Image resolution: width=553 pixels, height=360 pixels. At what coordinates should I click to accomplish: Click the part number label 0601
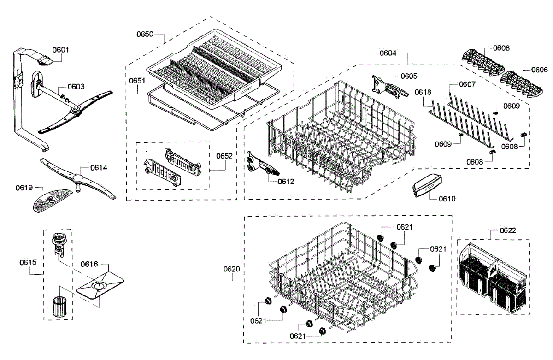60,49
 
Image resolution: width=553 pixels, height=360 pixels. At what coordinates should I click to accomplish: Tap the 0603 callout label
76,86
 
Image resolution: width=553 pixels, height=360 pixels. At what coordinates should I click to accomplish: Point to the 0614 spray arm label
99,168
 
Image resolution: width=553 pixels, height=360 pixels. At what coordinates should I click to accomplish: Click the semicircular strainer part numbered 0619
51,201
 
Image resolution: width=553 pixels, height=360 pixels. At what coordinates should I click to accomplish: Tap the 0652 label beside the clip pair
224,156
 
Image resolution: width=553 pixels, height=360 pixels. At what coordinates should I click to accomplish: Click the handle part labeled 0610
427,187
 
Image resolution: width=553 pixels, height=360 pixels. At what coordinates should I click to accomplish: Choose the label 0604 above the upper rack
388,53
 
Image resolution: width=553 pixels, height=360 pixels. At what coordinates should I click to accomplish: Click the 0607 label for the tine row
467,85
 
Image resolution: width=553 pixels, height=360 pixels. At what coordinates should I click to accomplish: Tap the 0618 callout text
423,92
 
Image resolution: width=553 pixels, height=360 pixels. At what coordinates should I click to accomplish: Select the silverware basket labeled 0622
493,277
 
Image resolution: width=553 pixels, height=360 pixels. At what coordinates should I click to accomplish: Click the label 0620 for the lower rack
232,269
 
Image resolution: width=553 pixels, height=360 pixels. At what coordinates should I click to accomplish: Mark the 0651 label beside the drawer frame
137,80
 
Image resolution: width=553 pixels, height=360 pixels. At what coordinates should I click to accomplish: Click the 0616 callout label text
89,264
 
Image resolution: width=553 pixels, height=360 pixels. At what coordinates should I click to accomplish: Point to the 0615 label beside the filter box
28,262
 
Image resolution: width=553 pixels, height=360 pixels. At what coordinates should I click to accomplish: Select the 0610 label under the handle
447,199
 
